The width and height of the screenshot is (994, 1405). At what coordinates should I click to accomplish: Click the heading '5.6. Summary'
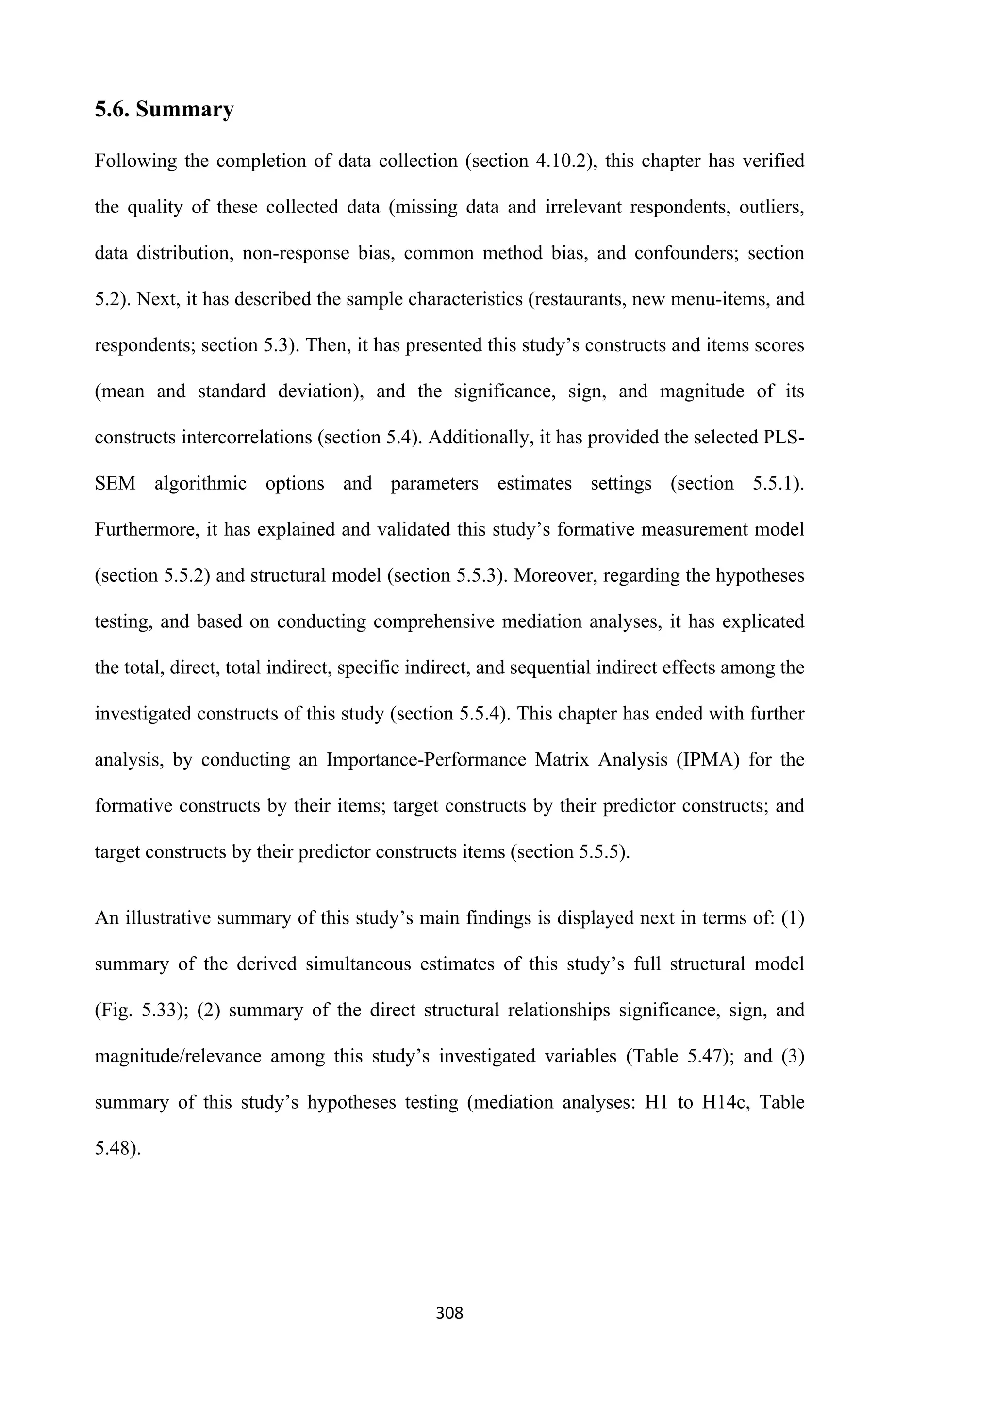tap(164, 110)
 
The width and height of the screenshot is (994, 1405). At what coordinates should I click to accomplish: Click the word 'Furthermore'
tap(144, 529)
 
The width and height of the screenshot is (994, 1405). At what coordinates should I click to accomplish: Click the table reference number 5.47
tap(701, 1057)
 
